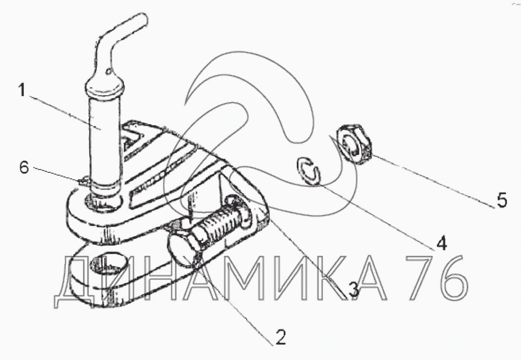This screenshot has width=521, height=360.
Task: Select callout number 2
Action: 280,337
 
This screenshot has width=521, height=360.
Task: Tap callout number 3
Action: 353,289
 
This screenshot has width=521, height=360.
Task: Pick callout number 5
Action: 502,200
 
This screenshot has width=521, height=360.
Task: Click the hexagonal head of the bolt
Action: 183,248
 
